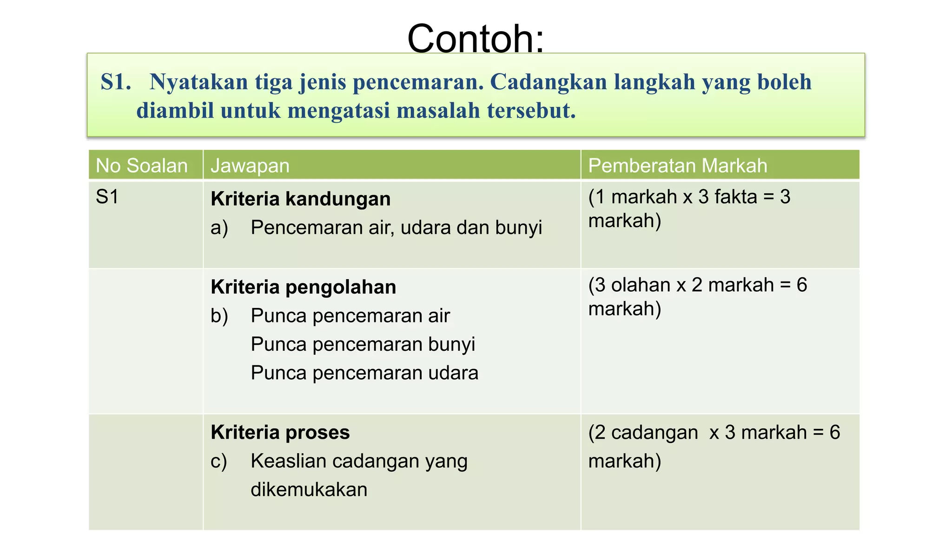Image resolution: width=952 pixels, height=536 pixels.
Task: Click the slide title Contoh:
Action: [475, 38]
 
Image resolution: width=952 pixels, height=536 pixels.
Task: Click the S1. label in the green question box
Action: [116, 82]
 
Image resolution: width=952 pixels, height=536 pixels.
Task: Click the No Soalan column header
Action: [141, 166]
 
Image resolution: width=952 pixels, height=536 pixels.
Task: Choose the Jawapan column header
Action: [250, 166]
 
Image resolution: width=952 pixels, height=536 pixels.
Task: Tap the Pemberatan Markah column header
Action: [677, 166]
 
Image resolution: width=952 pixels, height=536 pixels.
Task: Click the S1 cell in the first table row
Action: [107, 197]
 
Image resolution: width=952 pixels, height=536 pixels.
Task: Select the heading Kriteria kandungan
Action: [300, 199]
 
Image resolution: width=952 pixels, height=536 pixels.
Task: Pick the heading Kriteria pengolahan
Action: [303, 287]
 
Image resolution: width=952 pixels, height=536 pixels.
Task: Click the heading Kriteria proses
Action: [280, 432]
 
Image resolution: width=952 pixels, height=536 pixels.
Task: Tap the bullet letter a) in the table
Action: [219, 228]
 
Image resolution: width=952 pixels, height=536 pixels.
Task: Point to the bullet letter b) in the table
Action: [219, 316]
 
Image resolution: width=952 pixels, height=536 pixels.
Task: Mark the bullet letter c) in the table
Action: [218, 461]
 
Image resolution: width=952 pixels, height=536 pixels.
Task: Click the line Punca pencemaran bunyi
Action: [363, 344]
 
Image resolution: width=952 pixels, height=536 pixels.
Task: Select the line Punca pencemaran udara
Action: [364, 373]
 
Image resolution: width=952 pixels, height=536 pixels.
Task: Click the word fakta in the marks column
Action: [735, 197]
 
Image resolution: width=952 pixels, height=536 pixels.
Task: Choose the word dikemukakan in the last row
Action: [309, 489]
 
